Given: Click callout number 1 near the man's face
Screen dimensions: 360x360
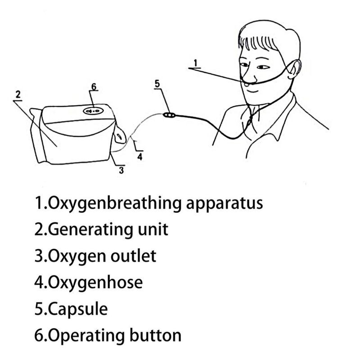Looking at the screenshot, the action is click(195, 63).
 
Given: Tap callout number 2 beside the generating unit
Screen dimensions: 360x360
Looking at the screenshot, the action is click(18, 95).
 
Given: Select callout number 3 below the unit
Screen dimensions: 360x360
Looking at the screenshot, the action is click(121, 170).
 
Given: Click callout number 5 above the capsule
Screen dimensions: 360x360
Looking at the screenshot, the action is click(157, 84).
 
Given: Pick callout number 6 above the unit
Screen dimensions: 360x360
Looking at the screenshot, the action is click(94, 86).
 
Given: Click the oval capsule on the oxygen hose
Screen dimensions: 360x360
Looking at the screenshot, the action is click(170, 115).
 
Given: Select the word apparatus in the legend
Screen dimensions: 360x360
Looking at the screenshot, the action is click(224, 204).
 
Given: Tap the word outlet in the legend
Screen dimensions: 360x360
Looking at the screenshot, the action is click(133, 256).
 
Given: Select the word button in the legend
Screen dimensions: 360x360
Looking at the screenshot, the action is click(155, 335).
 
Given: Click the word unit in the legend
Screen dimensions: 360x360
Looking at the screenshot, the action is click(153, 229).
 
